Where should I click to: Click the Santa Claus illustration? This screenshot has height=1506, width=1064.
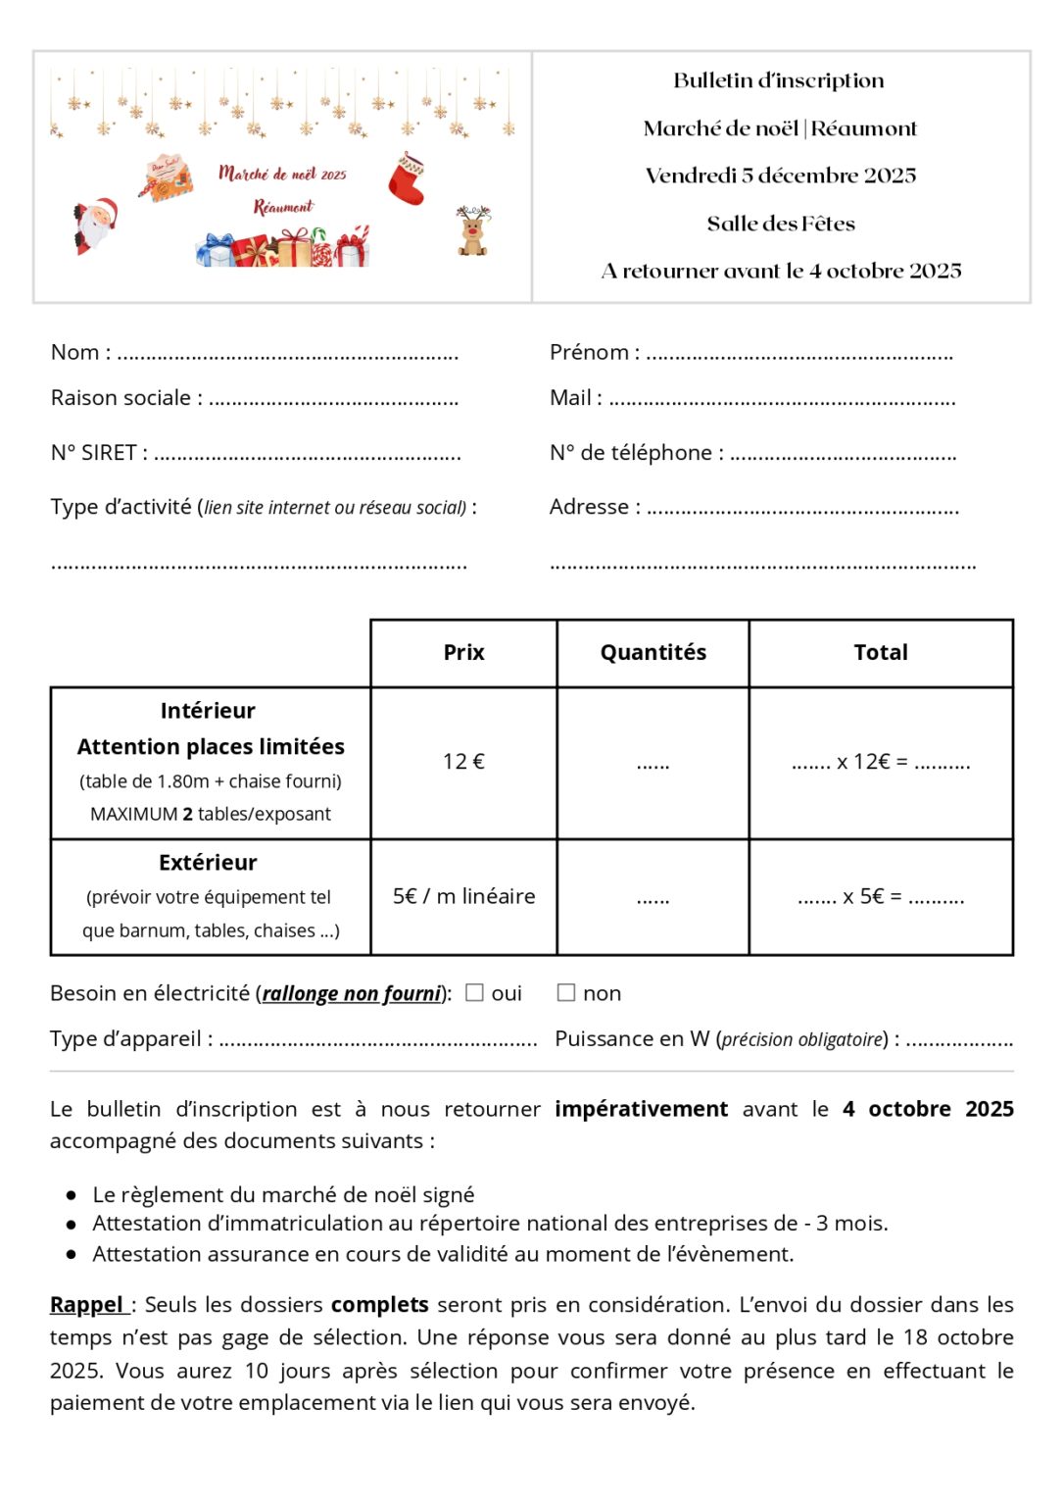[x=96, y=225]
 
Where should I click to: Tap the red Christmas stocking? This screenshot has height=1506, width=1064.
[x=407, y=178]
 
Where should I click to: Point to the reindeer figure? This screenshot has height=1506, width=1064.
[x=473, y=231]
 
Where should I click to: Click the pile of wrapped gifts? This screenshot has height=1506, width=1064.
[x=282, y=248]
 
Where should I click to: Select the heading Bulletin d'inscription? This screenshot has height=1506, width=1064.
[x=779, y=80]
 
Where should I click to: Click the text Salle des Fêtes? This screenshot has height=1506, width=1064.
[x=781, y=224]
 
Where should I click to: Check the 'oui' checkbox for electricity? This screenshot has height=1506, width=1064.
[x=475, y=992]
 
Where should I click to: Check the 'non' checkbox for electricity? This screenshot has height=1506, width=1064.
[x=566, y=992]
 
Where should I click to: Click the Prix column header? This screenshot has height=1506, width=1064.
[x=463, y=652]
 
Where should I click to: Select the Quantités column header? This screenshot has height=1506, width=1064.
[x=653, y=652]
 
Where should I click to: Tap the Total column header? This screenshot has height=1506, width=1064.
[x=881, y=652]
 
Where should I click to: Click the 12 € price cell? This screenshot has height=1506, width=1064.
[x=463, y=762]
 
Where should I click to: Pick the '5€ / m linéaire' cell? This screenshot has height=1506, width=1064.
[x=463, y=896]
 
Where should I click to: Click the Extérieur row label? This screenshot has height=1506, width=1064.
[x=208, y=863]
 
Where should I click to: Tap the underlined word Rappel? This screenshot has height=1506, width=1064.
[x=86, y=1305]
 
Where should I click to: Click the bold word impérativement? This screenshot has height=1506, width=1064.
[x=641, y=1109]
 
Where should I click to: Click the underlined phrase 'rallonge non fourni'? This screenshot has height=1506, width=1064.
[x=352, y=993]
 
